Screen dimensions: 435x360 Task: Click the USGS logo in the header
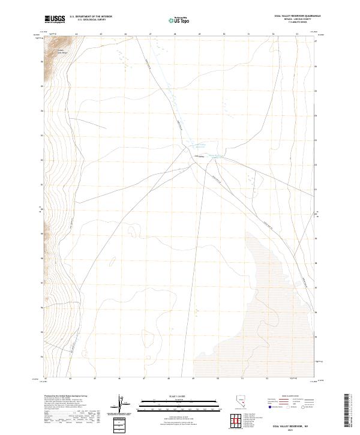click(x=55, y=19)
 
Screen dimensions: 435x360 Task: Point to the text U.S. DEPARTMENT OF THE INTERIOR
click(x=91, y=16)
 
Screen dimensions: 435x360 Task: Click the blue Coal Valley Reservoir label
click(x=200, y=145)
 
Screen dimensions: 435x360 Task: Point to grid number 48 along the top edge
click(x=174, y=35)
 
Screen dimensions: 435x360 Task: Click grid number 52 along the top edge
click(x=272, y=35)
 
